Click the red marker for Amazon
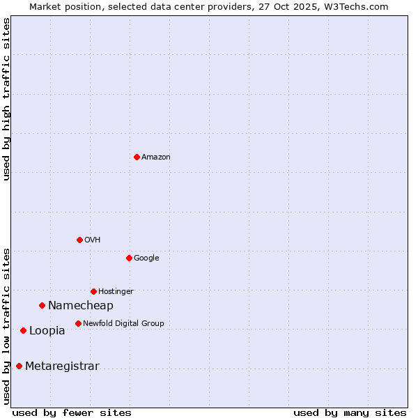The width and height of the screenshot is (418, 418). (x=137, y=157)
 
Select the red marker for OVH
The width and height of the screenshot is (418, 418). (x=79, y=240)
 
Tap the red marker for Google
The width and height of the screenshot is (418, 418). (x=129, y=258)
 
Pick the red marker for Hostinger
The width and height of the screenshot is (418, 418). (x=93, y=291)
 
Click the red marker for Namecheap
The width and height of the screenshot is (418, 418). (x=42, y=305)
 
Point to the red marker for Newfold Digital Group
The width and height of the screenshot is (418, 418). (x=78, y=323)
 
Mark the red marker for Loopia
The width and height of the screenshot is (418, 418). (x=23, y=330)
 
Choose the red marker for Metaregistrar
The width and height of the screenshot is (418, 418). (x=19, y=366)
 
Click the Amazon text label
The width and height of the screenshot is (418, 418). (x=156, y=157)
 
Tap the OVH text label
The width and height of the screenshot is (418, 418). (x=93, y=240)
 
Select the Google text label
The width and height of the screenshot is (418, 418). (x=146, y=258)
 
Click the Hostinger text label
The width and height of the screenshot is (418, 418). (x=116, y=292)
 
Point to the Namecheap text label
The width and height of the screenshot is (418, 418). (x=81, y=306)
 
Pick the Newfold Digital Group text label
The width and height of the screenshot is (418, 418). (x=123, y=324)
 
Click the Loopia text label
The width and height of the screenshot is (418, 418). (x=47, y=331)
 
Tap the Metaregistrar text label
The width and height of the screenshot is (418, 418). (x=62, y=366)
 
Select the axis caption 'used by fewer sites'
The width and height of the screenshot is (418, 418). (x=72, y=412)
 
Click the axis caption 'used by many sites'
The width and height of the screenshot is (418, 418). (x=350, y=412)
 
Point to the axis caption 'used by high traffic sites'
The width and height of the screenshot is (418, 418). (x=6, y=99)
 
